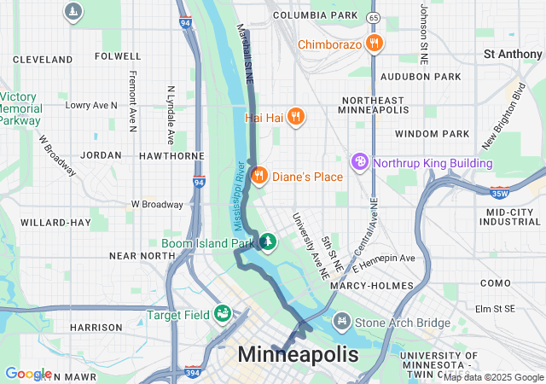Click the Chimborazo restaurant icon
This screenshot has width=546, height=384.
(373, 44)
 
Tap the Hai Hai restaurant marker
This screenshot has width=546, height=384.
(295, 117)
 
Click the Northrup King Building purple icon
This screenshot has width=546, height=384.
(361, 162)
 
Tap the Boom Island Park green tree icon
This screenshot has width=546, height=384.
(269, 243)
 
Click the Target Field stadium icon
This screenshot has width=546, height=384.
(223, 314)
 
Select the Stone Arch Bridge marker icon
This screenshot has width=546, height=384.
(342, 322)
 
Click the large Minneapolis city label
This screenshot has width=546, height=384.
(298, 354)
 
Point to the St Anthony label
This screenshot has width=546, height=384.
(512, 54)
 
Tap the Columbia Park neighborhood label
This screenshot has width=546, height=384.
(315, 15)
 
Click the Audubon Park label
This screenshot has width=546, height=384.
(433, 75)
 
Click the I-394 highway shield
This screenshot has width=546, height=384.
(194, 372)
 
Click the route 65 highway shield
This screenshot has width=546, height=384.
(372, 17)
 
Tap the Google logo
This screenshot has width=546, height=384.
(28, 374)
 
